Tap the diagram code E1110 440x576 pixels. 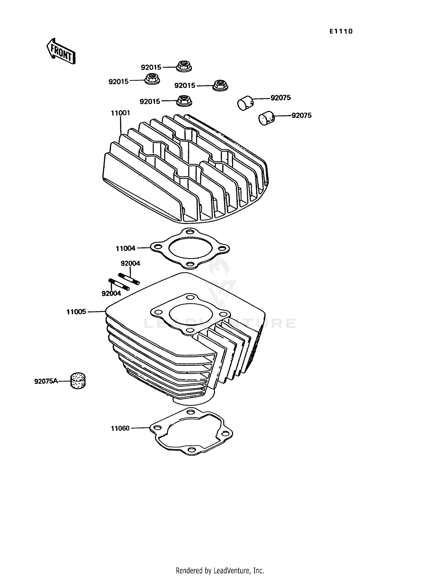tap(341, 31)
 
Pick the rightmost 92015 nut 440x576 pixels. tap(220, 85)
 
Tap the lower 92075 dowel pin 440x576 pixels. tap(266, 118)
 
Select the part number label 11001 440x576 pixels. tap(120, 113)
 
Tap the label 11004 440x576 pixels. tap(126, 248)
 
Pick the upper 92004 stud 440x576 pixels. tap(129, 278)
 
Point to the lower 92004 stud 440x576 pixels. tap(119, 284)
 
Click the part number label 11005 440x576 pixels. tap(76, 312)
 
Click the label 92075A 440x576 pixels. tap(46, 381)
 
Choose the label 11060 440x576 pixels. tap(120, 428)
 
